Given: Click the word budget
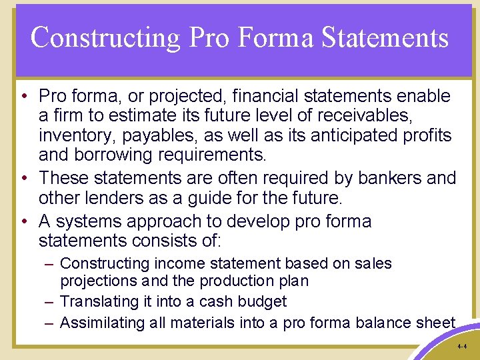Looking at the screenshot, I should [263, 301].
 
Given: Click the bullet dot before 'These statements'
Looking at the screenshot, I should [23, 179].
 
